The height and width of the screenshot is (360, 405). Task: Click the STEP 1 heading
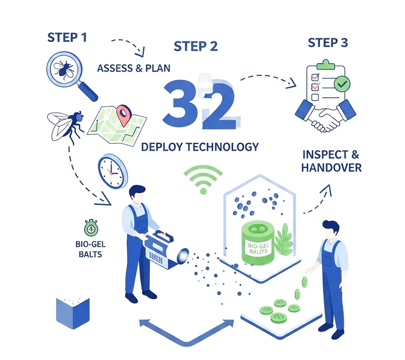pyautogui.click(x=67, y=37)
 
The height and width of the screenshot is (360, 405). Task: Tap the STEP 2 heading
pyautogui.click(x=195, y=47)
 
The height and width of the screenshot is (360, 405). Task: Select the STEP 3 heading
pyautogui.click(x=328, y=43)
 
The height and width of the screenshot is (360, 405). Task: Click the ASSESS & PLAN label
pyautogui.click(x=134, y=68)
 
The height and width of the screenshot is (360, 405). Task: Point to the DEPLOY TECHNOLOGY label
pyautogui.click(x=200, y=147)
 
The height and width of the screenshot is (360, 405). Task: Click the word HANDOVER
pyautogui.click(x=332, y=168)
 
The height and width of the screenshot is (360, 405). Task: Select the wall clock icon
pyautogui.click(x=112, y=172)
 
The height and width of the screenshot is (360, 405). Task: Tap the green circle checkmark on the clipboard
pyautogui.click(x=342, y=84)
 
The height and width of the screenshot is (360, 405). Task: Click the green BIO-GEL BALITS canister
pyautogui.click(x=258, y=243)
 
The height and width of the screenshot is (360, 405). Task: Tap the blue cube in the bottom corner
pyautogui.click(x=73, y=313)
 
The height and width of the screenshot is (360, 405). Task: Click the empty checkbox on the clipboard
pyautogui.click(x=315, y=97)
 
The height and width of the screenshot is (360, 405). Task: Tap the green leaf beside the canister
pyautogui.click(x=284, y=239)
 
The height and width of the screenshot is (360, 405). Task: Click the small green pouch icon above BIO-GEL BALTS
pyautogui.click(x=91, y=228)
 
